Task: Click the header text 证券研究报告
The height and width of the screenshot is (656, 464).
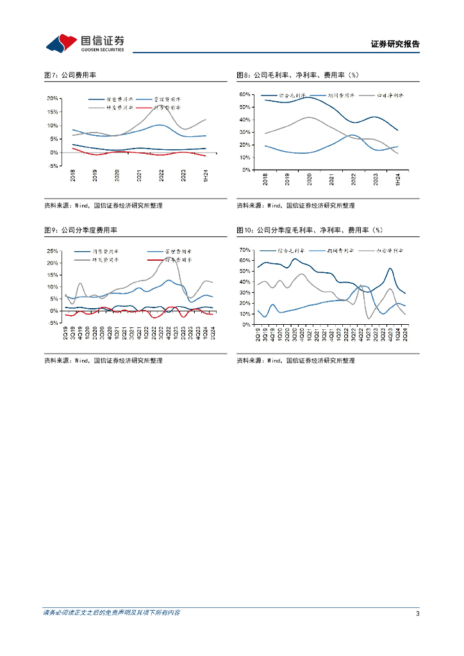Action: pyautogui.click(x=395, y=44)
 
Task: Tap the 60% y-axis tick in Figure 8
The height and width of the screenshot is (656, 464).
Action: pyautogui.click(x=244, y=94)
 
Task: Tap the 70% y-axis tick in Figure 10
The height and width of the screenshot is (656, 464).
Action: pyautogui.click(x=244, y=250)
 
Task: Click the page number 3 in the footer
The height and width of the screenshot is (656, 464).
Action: pyautogui.click(x=417, y=613)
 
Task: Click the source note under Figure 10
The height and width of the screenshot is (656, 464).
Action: pyautogui.click(x=295, y=361)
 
